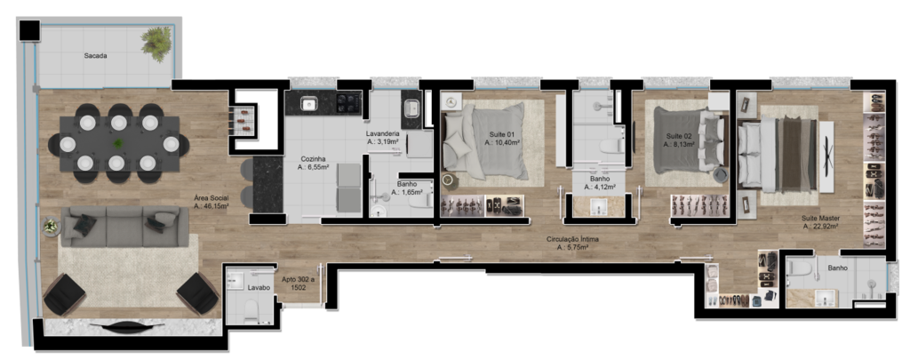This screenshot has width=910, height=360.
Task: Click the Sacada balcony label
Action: coord(96,56)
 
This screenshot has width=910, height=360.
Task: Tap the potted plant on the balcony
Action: coord(155,43)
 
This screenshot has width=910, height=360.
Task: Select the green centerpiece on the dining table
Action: coord(118,143)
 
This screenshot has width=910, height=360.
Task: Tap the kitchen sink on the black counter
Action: coord(308,104)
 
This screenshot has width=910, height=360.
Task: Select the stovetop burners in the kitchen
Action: coord(348,103)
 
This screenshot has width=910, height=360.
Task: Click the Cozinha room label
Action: coord(313,158)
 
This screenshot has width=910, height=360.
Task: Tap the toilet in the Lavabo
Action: coord(250,309)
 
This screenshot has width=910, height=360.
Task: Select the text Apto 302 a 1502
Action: coord(299,284)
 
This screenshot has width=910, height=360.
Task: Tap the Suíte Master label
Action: coord(820,219)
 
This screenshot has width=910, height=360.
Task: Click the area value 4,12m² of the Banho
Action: coord(600,187)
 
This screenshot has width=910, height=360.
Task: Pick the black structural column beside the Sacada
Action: coord(28,29)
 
